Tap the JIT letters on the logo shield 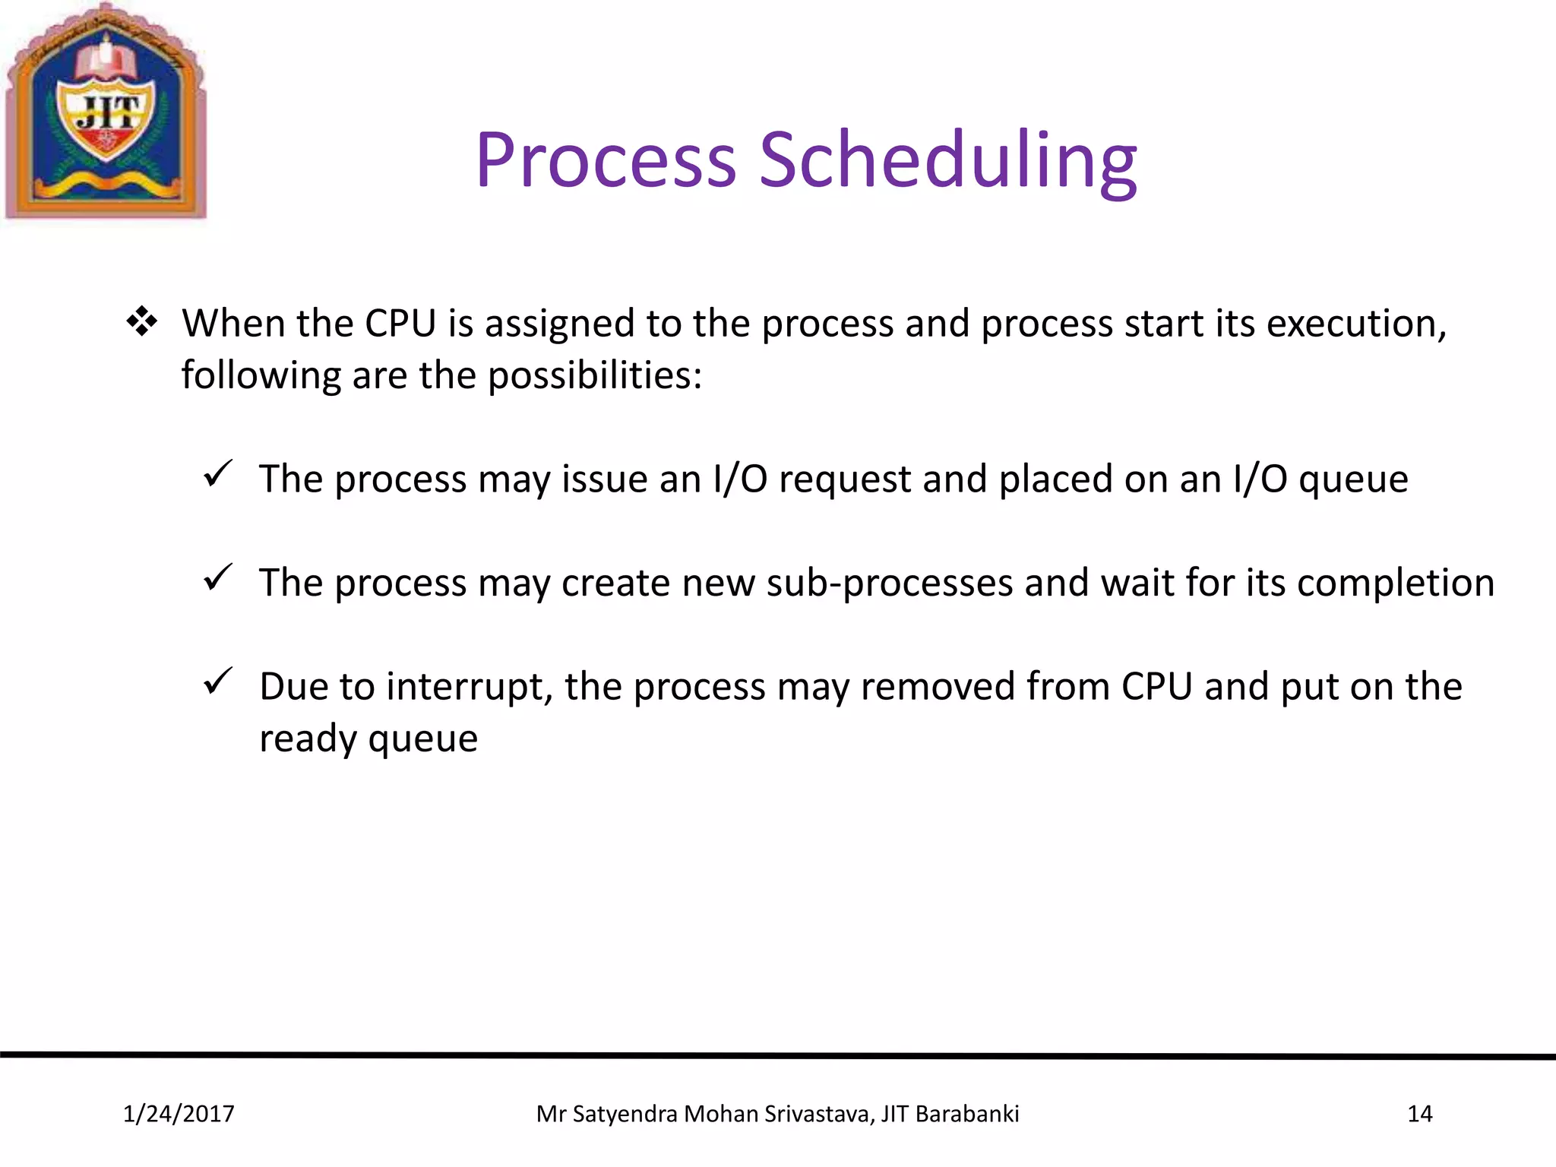coord(109,114)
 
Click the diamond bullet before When coord(142,322)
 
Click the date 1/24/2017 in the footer coord(179,1114)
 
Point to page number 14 coord(1419,1114)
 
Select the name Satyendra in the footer coord(625,1114)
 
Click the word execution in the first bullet coord(1356,324)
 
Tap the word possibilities coord(594,376)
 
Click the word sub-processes coord(889,583)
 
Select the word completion coord(1395,583)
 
